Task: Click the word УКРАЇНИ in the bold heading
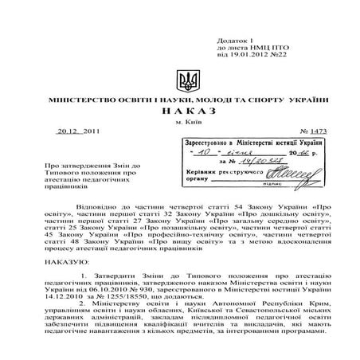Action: click(305, 101)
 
